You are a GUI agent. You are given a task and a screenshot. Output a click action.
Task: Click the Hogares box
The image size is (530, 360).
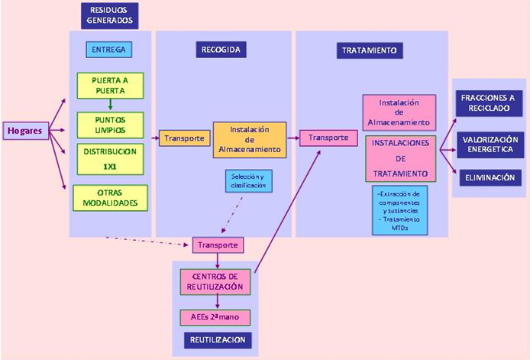coord(24,131)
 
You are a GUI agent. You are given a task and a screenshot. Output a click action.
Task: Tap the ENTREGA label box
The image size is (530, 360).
coord(109,50)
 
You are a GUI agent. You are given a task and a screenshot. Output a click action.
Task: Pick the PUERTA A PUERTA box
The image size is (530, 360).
coord(110,85)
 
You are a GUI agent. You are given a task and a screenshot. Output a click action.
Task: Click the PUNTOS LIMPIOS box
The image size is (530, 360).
coord(110,124)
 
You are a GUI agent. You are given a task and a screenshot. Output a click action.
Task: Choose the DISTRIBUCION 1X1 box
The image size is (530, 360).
coord(110,157)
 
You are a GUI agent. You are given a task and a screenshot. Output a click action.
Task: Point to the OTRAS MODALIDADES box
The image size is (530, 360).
coord(110,197)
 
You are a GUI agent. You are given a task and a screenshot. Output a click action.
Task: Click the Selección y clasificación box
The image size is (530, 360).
coord(248,181)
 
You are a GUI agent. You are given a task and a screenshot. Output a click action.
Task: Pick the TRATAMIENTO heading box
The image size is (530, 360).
coord(369,50)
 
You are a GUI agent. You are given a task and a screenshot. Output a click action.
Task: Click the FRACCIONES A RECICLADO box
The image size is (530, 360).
coord(487,103)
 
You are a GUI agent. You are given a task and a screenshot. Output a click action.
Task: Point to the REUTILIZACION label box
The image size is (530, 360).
coord(218,339)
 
